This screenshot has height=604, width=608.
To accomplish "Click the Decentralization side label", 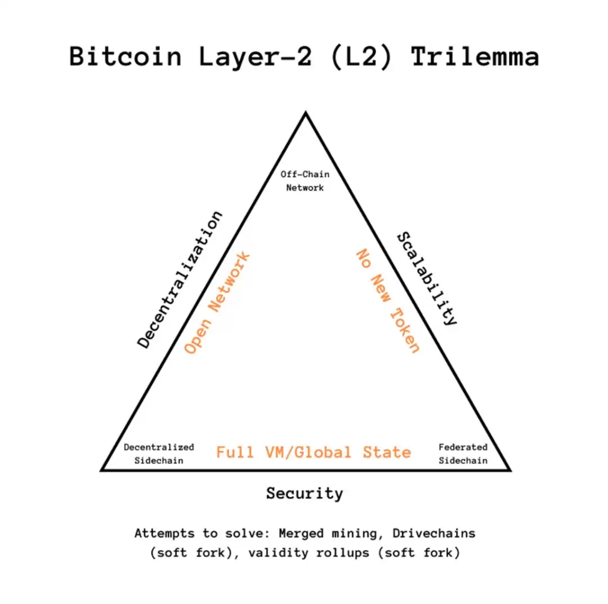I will click(181, 280).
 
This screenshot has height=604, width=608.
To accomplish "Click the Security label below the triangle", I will click(305, 494).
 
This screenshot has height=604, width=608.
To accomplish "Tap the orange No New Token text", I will click(388, 301).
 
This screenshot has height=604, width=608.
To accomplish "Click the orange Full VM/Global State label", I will click(314, 452).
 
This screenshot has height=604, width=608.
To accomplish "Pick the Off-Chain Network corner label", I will click(305, 181).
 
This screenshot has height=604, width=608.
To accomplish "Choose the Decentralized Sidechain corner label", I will click(159, 454).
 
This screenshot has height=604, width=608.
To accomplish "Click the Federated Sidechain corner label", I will click(463, 454).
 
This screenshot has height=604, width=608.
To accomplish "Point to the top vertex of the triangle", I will click(305, 113).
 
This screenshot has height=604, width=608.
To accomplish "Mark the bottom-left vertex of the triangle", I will click(102, 469).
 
